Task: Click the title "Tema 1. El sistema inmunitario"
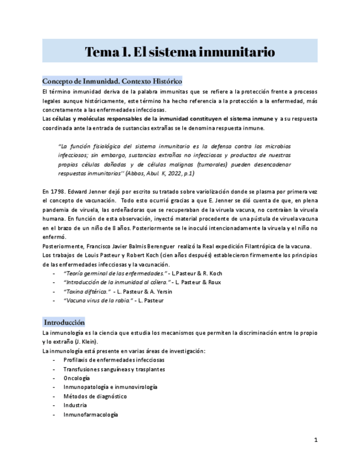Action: tap(180, 52)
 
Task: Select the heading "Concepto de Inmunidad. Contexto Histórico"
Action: tap(112, 81)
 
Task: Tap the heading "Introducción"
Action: tap(64, 323)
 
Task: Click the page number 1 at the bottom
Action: tap(315, 440)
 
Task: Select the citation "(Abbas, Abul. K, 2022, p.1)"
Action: tap(160, 174)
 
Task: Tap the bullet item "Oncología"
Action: tap(76, 378)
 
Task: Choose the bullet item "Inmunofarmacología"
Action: tap(90, 415)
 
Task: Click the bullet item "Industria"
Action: tap(75, 406)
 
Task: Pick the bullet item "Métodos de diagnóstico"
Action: tap(95, 396)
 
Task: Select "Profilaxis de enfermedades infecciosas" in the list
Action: tap(113, 359)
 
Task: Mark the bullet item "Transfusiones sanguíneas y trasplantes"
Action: tap(114, 369)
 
